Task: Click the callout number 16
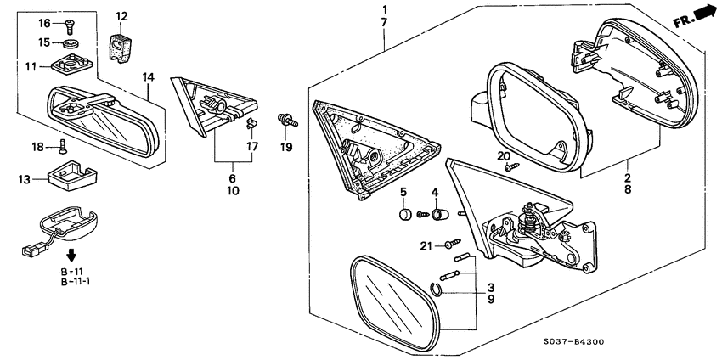pos(44,23)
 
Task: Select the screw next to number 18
pos(63,147)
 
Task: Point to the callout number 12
pos(121,16)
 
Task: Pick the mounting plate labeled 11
pos(71,64)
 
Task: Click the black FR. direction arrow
pos(702,13)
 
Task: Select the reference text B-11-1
pos(76,282)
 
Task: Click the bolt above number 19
pos(288,121)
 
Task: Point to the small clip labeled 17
pos(251,123)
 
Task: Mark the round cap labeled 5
pos(403,214)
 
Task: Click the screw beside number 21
pos(453,243)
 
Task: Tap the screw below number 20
pos(512,167)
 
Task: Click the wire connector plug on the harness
pos(31,250)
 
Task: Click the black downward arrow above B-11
pos(71,255)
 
